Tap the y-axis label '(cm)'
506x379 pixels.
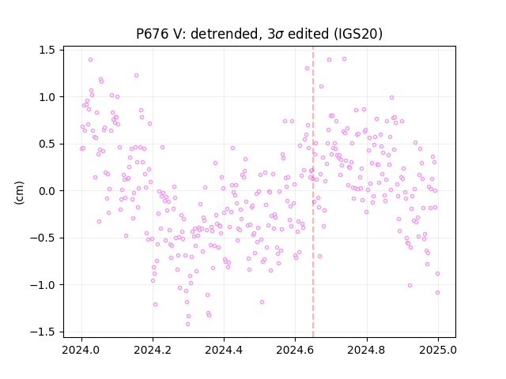tap(19, 193)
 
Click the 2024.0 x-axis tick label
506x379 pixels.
tap(81, 350)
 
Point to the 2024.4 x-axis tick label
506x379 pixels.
tap(224, 350)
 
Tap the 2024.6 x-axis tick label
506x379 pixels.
tap(295, 350)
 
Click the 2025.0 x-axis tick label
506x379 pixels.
tap(437, 350)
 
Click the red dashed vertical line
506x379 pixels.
tap(313, 192)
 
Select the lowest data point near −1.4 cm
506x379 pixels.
tap(187, 324)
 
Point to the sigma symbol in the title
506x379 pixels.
tap(279, 35)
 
